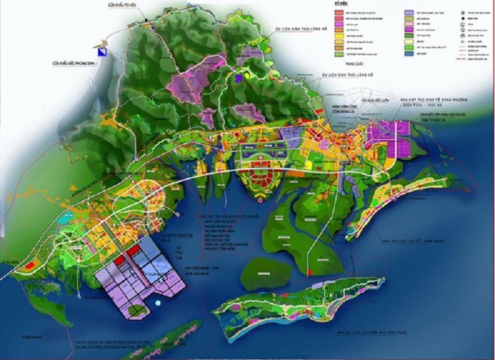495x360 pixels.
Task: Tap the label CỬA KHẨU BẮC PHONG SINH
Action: coord(75,62)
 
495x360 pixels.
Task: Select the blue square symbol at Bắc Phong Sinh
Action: coord(106,53)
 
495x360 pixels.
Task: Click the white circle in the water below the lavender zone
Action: coord(159,302)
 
